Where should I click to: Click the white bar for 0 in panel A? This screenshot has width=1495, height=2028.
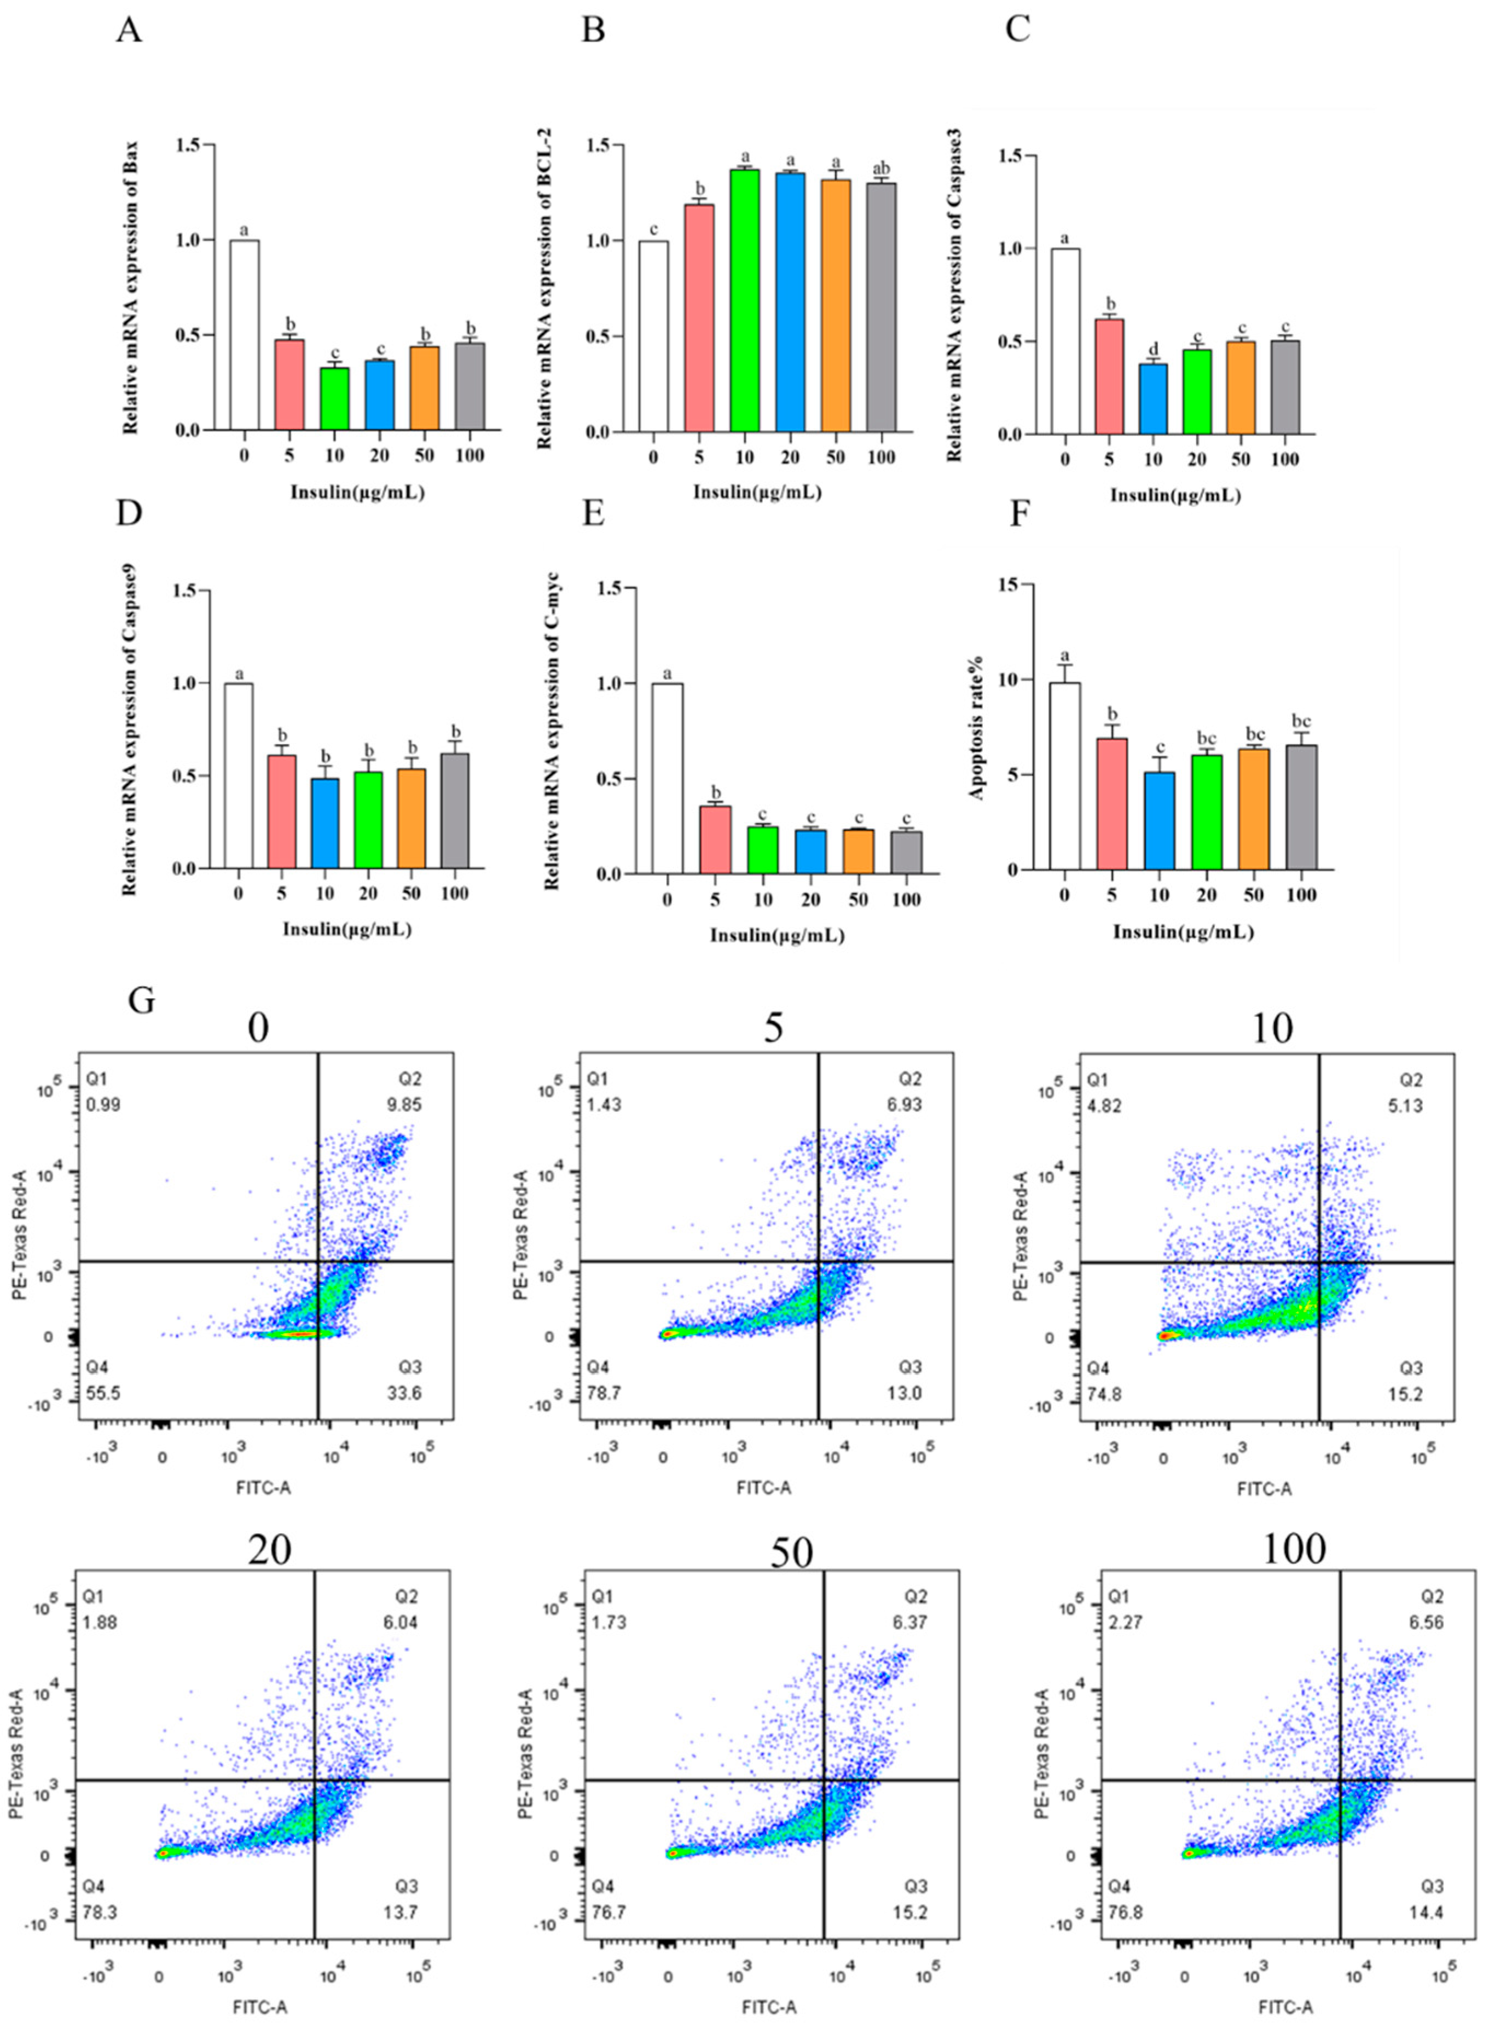coord(245,335)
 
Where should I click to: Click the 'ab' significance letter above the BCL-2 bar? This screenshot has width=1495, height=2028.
coord(879,169)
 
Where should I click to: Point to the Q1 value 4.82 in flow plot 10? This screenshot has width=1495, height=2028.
coord(1105,1105)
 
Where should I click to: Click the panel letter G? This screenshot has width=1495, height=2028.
coord(143,1002)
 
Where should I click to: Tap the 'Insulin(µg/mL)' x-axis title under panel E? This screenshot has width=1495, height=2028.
coord(777,936)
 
